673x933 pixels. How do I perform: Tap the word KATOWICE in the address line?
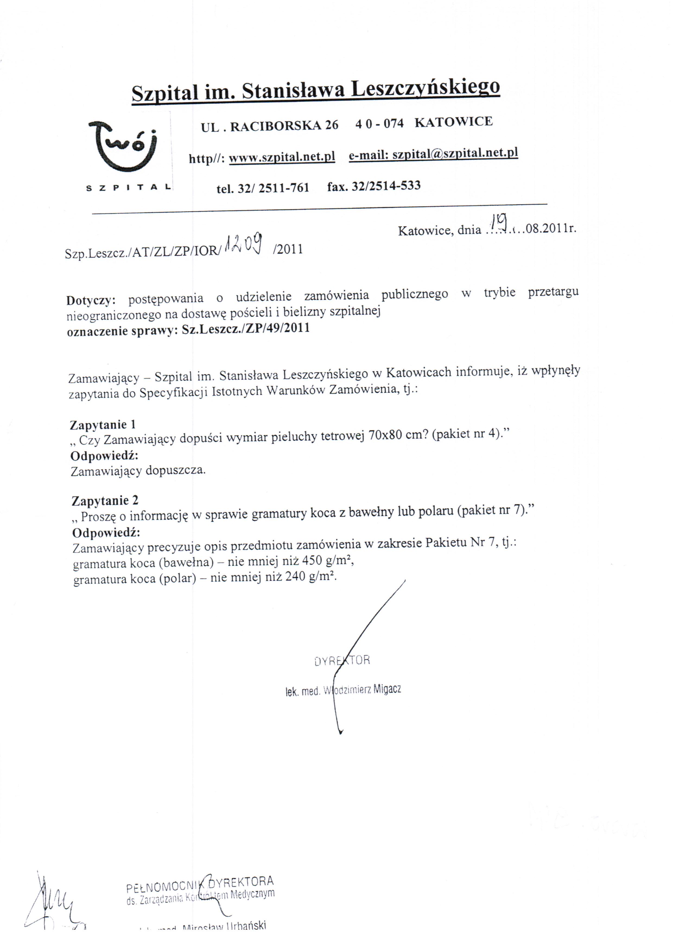point(453,122)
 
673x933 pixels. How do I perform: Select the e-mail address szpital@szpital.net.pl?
point(455,153)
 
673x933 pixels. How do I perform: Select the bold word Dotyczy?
point(90,300)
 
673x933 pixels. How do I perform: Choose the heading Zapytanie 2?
point(105,501)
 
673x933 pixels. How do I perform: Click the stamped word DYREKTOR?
point(342,661)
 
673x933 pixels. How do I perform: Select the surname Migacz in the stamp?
point(387,689)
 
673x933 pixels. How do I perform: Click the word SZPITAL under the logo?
point(128,188)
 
